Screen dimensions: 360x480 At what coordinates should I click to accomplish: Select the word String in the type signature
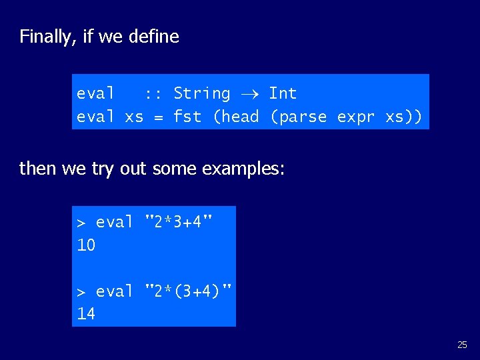(201, 93)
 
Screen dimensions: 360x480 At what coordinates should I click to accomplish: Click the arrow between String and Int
(249, 94)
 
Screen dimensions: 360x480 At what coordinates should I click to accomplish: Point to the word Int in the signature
(283, 93)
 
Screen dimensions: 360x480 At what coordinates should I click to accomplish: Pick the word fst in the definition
(187, 117)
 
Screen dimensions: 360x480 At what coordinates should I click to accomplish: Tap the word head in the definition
(240, 117)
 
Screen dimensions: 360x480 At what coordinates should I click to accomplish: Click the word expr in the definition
(356, 117)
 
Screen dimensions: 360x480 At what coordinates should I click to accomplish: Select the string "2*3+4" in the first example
(179, 221)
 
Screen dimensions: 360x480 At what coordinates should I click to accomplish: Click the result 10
(86, 245)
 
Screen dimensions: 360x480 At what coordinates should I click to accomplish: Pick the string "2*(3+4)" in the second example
(189, 291)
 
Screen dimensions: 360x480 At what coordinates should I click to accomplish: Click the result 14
(86, 314)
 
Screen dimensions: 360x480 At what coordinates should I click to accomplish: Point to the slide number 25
(462, 345)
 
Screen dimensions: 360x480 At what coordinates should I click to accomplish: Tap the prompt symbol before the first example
(81, 223)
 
